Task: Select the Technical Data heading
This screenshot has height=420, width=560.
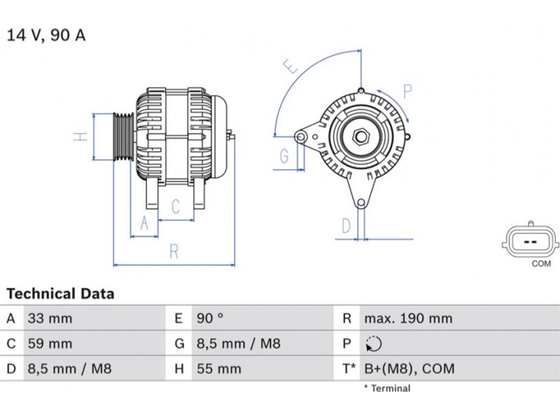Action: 60,294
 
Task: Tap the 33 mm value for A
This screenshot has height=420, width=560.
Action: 49,318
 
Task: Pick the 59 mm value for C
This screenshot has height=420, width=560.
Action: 49,344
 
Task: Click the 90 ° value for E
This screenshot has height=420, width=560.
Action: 209,318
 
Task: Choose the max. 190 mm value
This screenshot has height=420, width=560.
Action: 408,318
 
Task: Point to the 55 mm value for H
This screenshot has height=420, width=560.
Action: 218,368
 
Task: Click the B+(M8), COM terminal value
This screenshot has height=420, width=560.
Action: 409,368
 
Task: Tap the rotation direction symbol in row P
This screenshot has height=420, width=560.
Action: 374,344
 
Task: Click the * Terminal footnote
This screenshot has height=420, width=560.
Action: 387,388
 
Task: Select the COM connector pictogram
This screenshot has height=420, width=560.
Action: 531,241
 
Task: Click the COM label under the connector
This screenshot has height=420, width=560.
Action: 541,264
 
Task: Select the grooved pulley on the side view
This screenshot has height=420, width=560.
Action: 123,136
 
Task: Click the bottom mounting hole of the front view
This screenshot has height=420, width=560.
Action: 361,203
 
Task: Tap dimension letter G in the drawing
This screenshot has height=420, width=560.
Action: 284,156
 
